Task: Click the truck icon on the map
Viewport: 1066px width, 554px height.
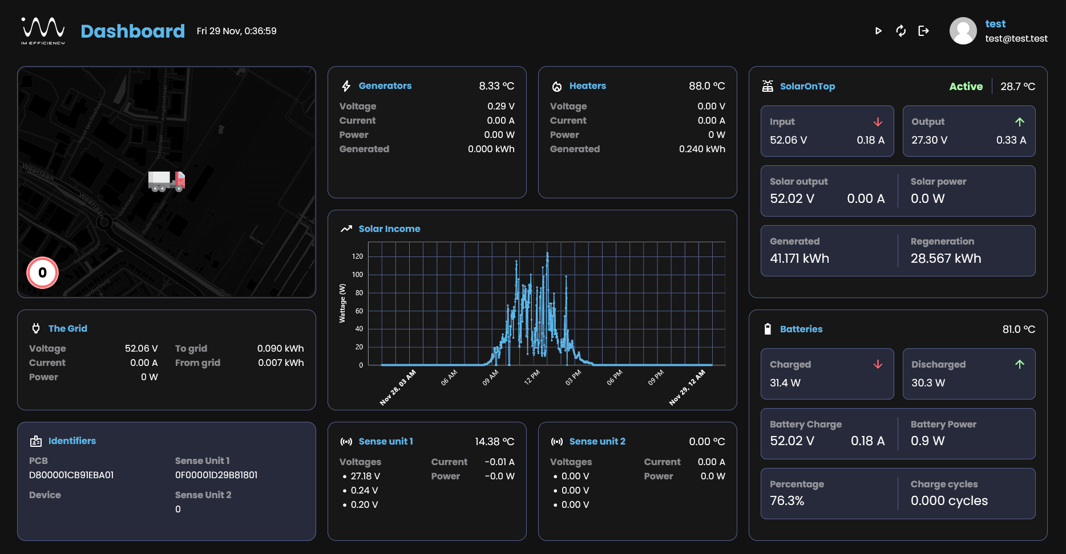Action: pyautogui.click(x=166, y=181)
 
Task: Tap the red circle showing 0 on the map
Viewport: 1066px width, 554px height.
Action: pyautogui.click(x=42, y=272)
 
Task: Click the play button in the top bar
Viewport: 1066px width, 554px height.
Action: pyautogui.click(x=878, y=31)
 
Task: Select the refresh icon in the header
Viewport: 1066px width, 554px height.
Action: pyautogui.click(x=901, y=31)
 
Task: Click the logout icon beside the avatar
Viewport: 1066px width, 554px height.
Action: pyautogui.click(x=923, y=31)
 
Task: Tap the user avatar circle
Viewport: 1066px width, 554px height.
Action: pyautogui.click(x=963, y=31)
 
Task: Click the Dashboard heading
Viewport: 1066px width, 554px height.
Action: pyautogui.click(x=132, y=31)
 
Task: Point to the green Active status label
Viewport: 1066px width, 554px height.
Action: pyautogui.click(x=966, y=86)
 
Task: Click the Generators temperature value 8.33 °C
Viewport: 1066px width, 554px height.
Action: pyautogui.click(x=496, y=86)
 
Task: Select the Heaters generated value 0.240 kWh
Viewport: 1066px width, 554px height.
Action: pyautogui.click(x=702, y=149)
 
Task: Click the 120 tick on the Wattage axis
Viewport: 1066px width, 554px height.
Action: pyautogui.click(x=357, y=256)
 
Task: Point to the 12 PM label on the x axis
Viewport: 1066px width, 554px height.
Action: pyautogui.click(x=532, y=377)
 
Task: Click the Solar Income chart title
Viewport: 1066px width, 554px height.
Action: pyautogui.click(x=389, y=229)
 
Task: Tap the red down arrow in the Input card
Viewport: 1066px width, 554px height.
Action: pyautogui.click(x=878, y=122)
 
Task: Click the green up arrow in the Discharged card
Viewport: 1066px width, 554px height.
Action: pyautogui.click(x=1019, y=364)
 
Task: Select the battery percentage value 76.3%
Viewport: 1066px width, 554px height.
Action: pyautogui.click(x=787, y=500)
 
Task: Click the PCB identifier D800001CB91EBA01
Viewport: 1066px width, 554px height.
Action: pyautogui.click(x=71, y=475)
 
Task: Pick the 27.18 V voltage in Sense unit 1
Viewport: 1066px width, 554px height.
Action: pyautogui.click(x=365, y=476)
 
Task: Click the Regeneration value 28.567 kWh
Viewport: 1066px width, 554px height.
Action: pyautogui.click(x=946, y=258)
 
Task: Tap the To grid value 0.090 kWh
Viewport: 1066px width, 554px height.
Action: pyautogui.click(x=280, y=348)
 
